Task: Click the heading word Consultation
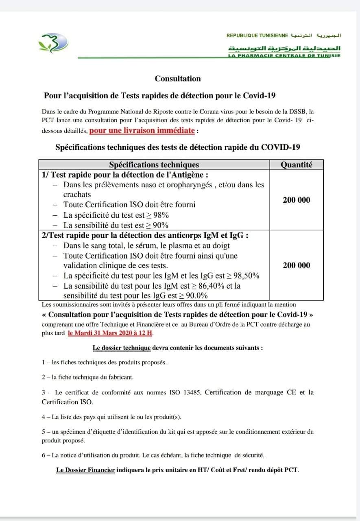click(x=178, y=79)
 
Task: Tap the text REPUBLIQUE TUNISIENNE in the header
click(x=257, y=36)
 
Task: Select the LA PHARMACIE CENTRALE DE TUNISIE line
click(x=284, y=55)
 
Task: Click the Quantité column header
click(x=297, y=164)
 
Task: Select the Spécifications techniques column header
click(x=154, y=164)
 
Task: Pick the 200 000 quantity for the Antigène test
click(x=296, y=200)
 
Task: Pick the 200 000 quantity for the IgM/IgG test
click(x=296, y=265)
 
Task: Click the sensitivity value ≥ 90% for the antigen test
click(x=157, y=225)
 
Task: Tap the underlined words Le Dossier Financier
click(x=85, y=470)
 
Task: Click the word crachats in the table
click(x=77, y=195)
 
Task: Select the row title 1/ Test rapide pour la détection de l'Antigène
click(x=125, y=175)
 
